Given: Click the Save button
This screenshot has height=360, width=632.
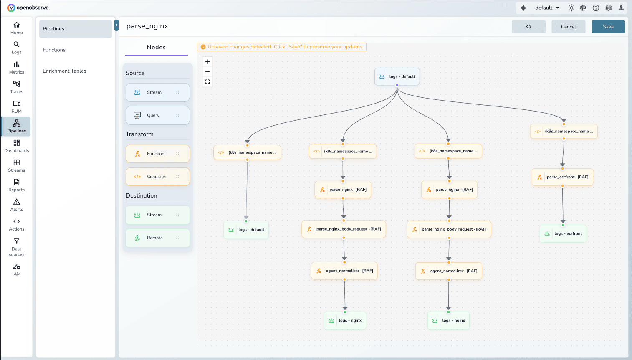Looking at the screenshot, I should pos(608,27).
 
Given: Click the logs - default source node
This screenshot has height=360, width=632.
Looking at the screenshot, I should pos(397,76).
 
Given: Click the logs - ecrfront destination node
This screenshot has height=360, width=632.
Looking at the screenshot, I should pos(563,234).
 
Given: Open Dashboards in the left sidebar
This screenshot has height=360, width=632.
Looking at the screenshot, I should pos(17,146).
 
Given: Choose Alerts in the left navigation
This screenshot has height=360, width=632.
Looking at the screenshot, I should pos(17,205).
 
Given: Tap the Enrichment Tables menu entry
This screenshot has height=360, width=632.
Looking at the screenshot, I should pos(64,71).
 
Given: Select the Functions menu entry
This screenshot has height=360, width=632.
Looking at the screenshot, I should pos(54,50).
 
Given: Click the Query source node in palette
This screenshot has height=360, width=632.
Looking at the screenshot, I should pos(157,115).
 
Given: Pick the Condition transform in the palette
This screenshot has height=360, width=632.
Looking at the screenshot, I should pos(157,177).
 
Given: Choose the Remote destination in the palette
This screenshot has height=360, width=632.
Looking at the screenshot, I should pos(157,238).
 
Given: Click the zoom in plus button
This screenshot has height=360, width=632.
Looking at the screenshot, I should pos(207,62).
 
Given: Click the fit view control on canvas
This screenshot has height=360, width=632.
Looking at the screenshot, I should pos(207,82).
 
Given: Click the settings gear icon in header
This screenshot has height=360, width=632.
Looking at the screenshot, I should pos(609,8).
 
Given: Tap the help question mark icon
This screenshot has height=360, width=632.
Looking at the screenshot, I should pos(596,8).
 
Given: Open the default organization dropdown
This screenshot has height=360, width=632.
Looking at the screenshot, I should pos(547,8).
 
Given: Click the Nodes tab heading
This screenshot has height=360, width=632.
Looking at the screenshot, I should pos(156,48).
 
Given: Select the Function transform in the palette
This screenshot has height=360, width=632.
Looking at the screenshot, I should pos(157,154).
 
